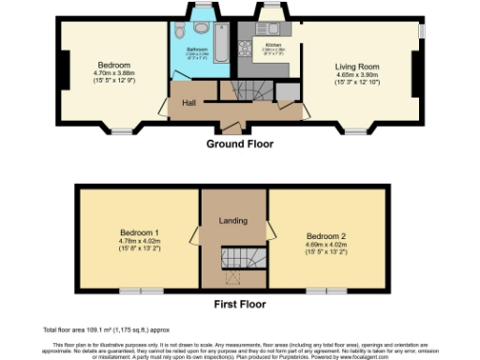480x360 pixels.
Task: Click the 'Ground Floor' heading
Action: pyautogui.click(x=239, y=144)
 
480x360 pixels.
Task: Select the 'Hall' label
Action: pyautogui.click(x=188, y=102)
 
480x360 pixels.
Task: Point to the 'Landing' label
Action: pyautogui.click(x=232, y=220)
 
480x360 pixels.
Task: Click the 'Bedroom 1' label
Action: pyautogui.click(x=139, y=232)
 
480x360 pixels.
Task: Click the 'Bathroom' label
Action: pyautogui.click(x=197, y=49)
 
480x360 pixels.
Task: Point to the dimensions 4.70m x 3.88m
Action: pyautogui.click(x=115, y=74)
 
